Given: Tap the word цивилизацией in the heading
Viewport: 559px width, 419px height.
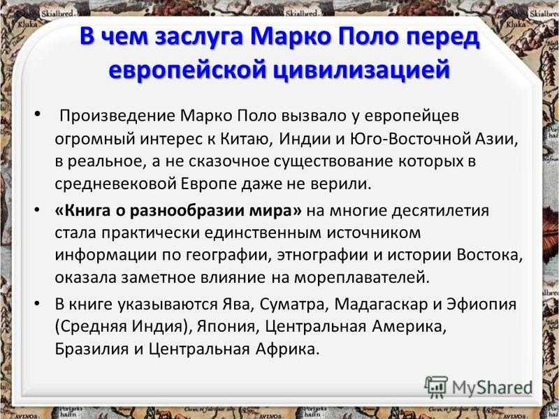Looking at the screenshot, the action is click(361, 69).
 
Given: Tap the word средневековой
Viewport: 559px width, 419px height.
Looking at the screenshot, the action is click(115, 184).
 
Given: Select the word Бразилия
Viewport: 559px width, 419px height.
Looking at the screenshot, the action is click(92, 349).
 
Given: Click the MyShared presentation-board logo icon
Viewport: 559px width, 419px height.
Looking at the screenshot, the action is click(436, 387).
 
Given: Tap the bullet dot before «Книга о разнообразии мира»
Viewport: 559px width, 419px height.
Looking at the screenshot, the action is click(37, 211).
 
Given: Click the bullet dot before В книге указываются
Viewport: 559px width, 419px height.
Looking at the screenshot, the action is click(37, 304).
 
